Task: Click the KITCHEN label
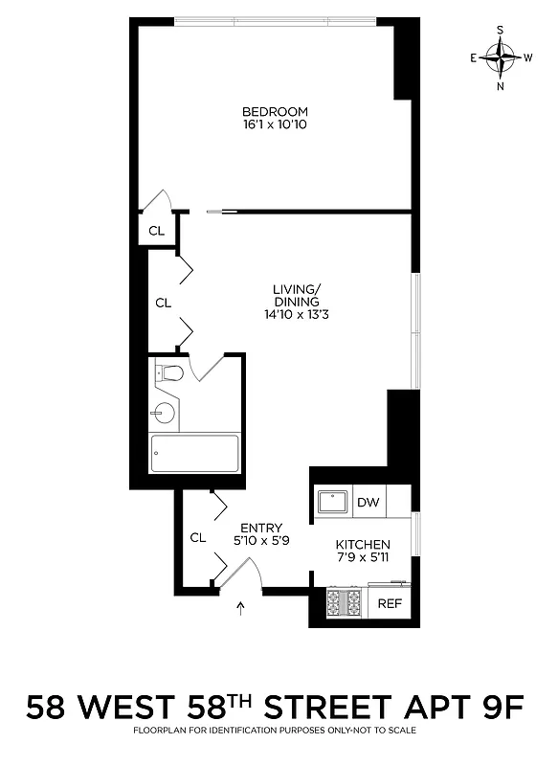pyautogui.click(x=363, y=544)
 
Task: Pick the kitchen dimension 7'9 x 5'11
pyautogui.click(x=363, y=557)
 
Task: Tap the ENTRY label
pyautogui.click(x=261, y=528)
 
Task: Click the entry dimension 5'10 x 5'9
pyautogui.click(x=261, y=541)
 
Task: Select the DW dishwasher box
pyautogui.click(x=368, y=502)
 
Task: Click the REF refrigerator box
pyautogui.click(x=389, y=603)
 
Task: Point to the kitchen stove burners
pyautogui.click(x=345, y=603)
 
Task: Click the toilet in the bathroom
pyautogui.click(x=170, y=372)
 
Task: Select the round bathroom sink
pyautogui.click(x=165, y=414)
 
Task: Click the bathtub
pyautogui.click(x=195, y=453)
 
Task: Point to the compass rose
pyautogui.click(x=500, y=57)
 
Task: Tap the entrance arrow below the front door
pyautogui.click(x=239, y=607)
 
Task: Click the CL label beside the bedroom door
pyautogui.click(x=156, y=231)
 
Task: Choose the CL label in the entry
pyautogui.click(x=197, y=538)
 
